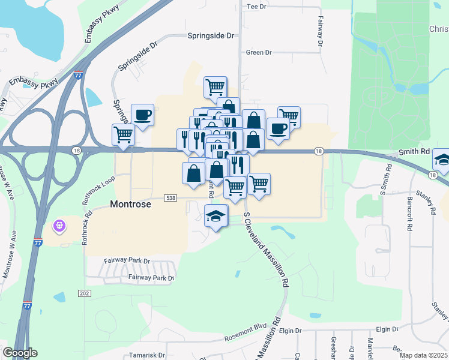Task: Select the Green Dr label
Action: [259, 52]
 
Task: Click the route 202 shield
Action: [84, 293]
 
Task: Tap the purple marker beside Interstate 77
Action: [59, 226]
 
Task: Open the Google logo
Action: [20, 353]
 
